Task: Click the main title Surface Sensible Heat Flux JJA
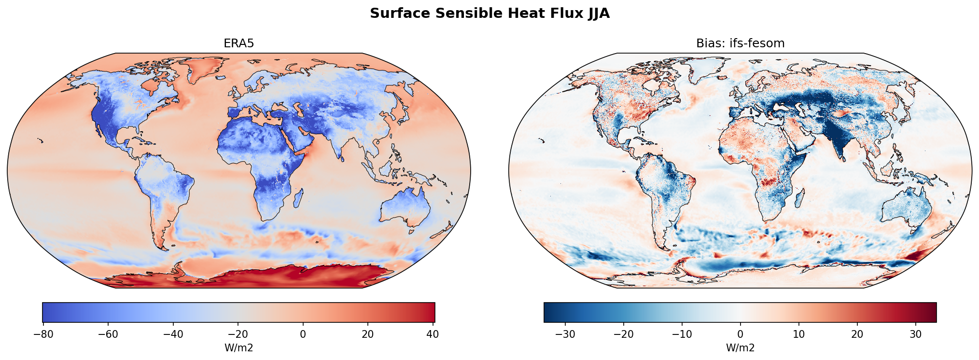(x=489, y=14)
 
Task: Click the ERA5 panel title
(x=238, y=43)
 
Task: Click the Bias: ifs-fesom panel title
(x=740, y=43)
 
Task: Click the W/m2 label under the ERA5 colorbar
(x=238, y=348)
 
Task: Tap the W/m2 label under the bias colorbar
(x=740, y=348)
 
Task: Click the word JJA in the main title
(x=599, y=14)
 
